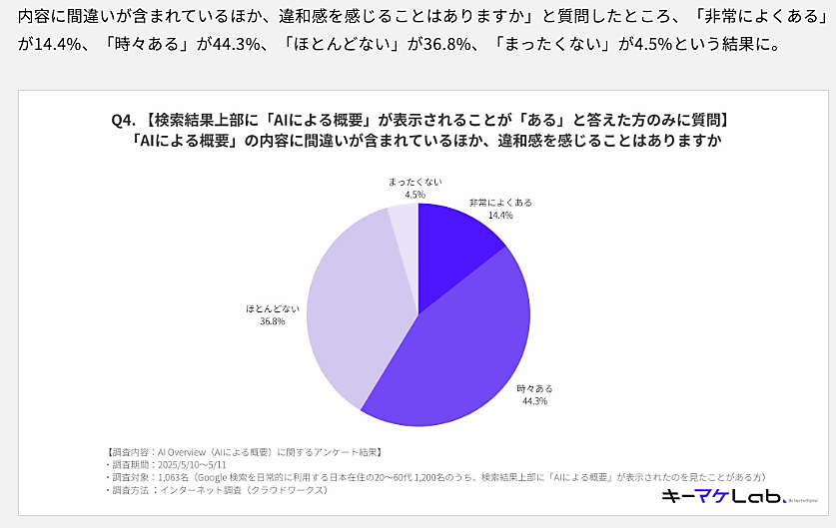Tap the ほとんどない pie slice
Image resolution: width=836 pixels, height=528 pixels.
(355, 299)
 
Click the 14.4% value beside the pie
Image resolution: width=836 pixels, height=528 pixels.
(500, 215)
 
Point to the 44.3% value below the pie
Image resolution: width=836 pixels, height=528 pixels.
(533, 401)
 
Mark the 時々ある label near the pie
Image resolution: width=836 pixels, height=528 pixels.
(533, 388)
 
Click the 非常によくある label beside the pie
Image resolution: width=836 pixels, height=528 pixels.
(500, 202)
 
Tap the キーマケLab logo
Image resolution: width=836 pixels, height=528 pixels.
(734, 496)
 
